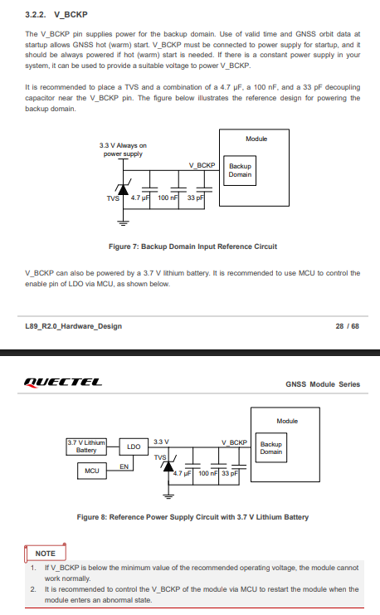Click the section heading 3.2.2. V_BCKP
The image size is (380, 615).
click(56, 14)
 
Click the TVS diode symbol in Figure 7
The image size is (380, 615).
click(123, 189)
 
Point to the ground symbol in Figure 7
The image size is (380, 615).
click(123, 223)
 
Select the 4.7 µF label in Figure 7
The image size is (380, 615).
click(140, 198)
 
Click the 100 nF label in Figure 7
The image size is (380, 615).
click(168, 198)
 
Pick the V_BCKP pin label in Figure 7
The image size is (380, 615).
click(202, 165)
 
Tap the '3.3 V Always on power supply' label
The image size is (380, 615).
click(123, 149)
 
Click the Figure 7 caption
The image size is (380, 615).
click(192, 246)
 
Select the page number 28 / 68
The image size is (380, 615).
click(347, 326)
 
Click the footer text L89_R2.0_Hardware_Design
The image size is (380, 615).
click(73, 326)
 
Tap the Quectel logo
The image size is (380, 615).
click(63, 383)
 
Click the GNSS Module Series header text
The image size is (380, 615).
click(323, 384)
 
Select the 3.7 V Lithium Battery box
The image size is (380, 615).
click(86, 447)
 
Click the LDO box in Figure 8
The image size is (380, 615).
click(134, 447)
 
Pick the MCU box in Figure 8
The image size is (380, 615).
click(92, 471)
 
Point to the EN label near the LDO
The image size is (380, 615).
click(124, 466)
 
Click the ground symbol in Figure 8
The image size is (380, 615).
click(168, 496)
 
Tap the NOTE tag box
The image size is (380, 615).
click(45, 553)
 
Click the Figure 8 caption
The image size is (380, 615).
click(192, 517)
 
